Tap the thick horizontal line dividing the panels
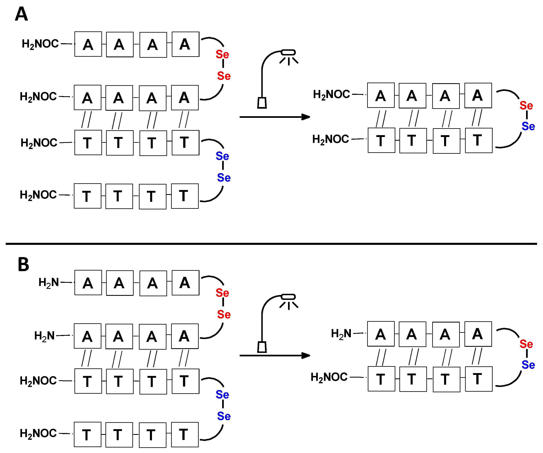click(x=271, y=244)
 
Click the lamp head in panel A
click(x=288, y=52)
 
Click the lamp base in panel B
click(x=262, y=347)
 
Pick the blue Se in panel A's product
click(x=528, y=126)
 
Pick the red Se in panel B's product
click(x=526, y=344)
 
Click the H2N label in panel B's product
click(x=341, y=334)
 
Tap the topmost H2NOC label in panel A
click(x=40, y=44)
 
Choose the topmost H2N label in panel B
click(x=49, y=282)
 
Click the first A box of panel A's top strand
click(x=88, y=44)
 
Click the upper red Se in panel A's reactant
click(x=222, y=54)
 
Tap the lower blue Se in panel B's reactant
click(x=224, y=416)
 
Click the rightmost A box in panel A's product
click(x=478, y=95)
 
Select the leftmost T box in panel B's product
click(x=381, y=379)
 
